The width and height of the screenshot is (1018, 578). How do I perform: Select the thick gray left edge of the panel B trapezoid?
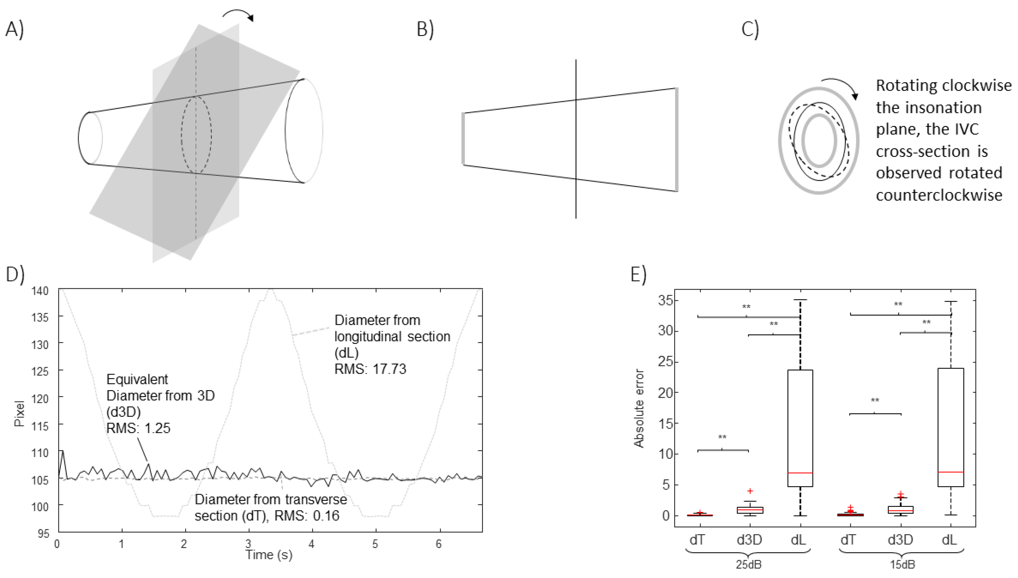click(463, 138)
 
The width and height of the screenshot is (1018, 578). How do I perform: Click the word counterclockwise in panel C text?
click(939, 195)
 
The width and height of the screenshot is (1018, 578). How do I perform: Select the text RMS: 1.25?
click(138, 428)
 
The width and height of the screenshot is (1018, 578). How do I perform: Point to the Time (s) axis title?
click(269, 554)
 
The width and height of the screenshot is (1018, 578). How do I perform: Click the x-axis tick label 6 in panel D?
click(439, 543)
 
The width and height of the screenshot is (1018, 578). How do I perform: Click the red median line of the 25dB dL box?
click(800, 473)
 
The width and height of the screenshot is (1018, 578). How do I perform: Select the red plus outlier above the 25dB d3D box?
click(750, 491)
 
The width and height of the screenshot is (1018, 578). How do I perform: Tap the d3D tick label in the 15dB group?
click(901, 540)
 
